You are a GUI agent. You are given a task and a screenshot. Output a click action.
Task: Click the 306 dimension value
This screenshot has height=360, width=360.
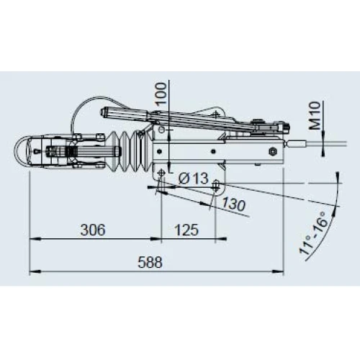(93, 230)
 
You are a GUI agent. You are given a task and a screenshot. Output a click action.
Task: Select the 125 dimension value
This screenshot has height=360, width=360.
(186, 230)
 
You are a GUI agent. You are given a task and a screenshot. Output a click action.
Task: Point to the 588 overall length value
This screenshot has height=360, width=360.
(150, 262)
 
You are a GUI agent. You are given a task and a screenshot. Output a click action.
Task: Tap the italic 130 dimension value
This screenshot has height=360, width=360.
(233, 204)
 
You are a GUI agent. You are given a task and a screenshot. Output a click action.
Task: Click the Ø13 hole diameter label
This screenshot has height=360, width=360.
(194, 179)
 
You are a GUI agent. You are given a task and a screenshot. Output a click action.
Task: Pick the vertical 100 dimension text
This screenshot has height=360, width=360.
(161, 93)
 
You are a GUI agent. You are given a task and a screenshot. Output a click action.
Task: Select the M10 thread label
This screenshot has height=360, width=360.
(315, 115)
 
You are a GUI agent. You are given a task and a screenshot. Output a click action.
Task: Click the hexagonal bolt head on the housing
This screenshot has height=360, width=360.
(274, 151)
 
